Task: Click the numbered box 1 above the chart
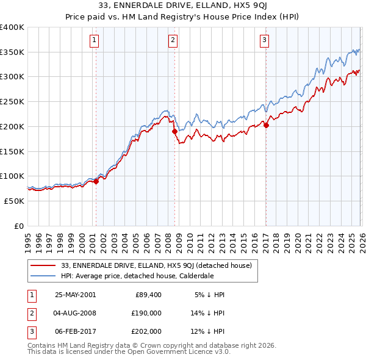(95, 41)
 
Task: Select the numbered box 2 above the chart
(173, 41)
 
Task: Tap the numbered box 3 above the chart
(265, 41)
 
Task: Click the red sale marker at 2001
(96, 181)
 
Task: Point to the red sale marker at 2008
(174, 131)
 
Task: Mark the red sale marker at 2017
(266, 125)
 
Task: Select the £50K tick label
(14, 201)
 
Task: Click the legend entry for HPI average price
(137, 275)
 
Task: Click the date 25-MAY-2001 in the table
(75, 294)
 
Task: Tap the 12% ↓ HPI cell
(209, 332)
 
